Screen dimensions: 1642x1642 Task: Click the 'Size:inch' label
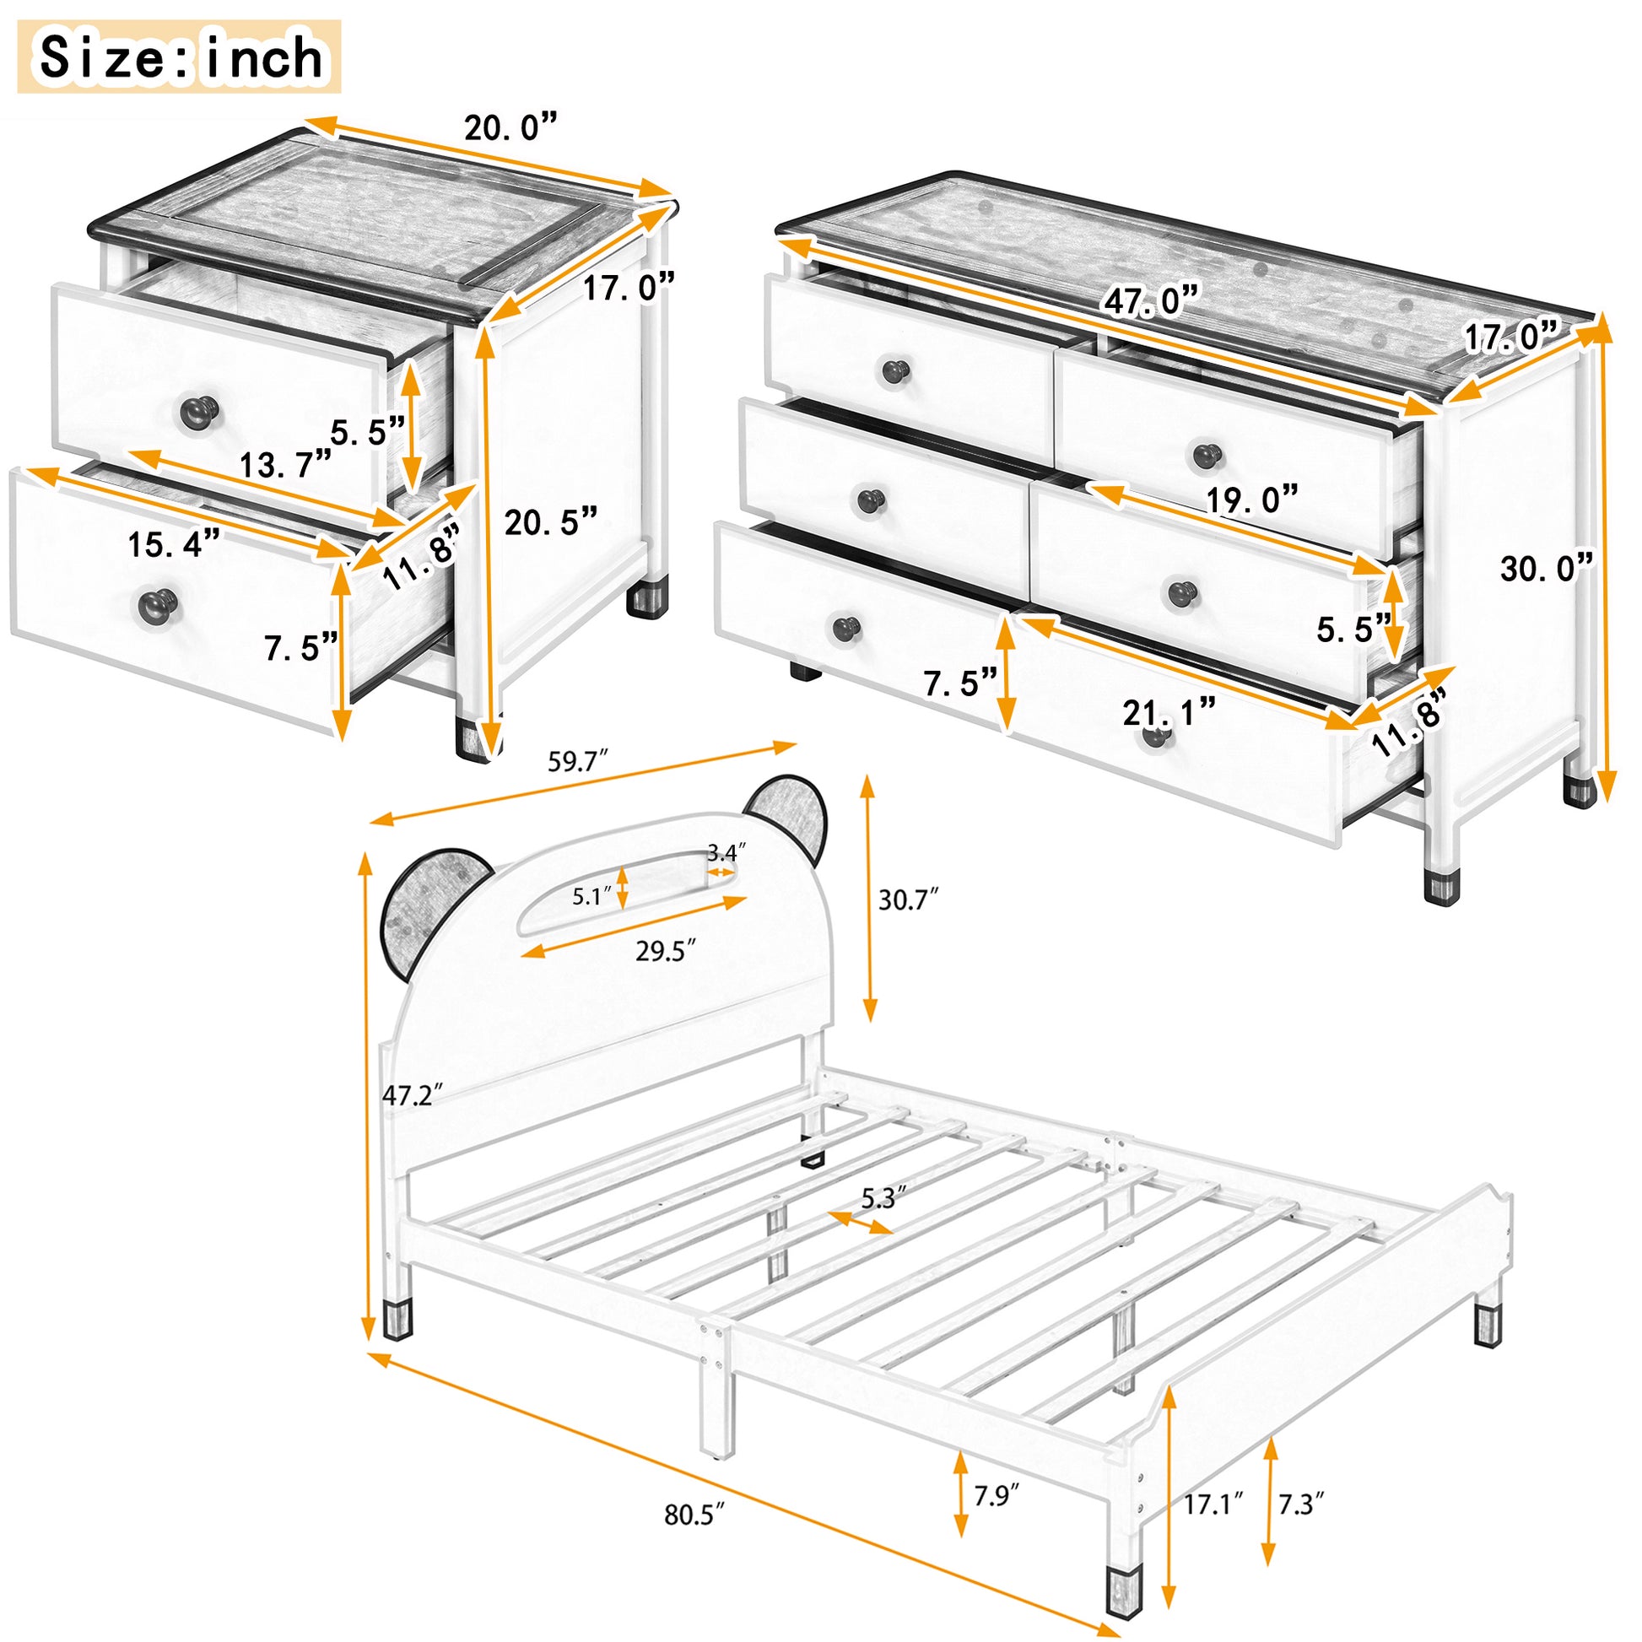pyautogui.click(x=181, y=57)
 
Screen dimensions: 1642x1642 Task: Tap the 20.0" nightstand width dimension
pyautogui.click(x=510, y=127)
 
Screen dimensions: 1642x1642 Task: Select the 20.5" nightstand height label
pyautogui.click(x=551, y=521)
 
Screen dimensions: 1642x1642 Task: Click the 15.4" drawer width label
pyautogui.click(x=174, y=544)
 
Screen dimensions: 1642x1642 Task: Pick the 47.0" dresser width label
pyautogui.click(x=1152, y=301)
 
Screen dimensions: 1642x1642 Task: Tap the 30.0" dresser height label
pyautogui.click(x=1546, y=568)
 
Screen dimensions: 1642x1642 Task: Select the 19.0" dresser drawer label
pyautogui.click(x=1252, y=500)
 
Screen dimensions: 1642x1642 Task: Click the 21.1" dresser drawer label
pyautogui.click(x=1169, y=712)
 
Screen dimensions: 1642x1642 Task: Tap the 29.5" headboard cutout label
pyautogui.click(x=666, y=951)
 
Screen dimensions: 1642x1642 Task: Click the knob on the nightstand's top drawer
pyautogui.click(x=200, y=413)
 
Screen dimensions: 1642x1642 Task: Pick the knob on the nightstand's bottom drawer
pyautogui.click(x=156, y=604)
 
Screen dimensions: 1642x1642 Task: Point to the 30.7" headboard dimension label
pyautogui.click(x=909, y=899)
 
